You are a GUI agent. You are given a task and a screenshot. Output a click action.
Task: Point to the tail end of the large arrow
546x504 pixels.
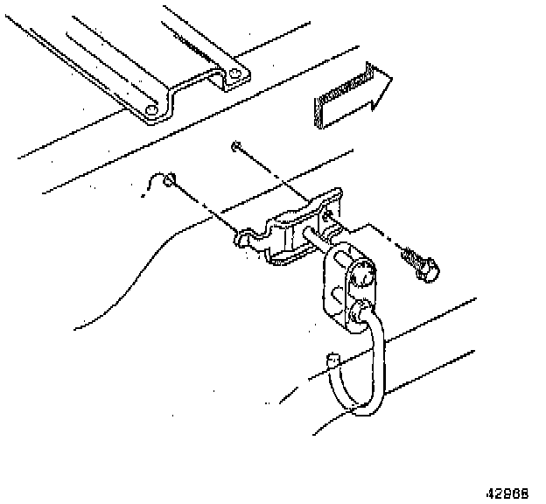click(317, 108)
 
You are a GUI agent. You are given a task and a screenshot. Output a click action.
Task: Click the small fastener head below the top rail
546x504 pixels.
click(234, 145)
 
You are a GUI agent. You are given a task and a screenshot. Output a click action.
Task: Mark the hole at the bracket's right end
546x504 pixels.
click(328, 213)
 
